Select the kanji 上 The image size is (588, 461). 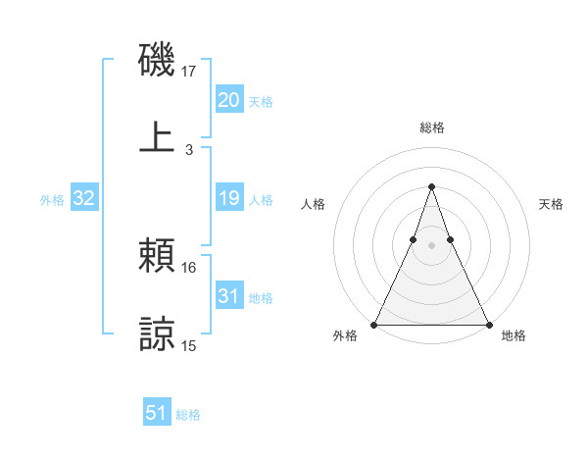tap(157, 136)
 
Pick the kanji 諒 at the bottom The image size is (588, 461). tap(157, 333)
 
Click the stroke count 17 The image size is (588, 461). tap(189, 72)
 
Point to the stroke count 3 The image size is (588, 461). tap(189, 149)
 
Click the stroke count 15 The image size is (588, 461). tap(189, 345)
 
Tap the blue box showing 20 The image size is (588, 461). tap(228, 100)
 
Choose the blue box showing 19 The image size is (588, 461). tap(228, 198)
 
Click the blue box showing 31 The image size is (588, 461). tap(228, 296)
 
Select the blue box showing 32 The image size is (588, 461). tap(84, 198)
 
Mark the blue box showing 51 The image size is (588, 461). tap(157, 413)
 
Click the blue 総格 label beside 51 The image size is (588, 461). tap(188, 415)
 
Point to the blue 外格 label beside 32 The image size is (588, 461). tap(52, 200)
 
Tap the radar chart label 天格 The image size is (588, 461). tap(551, 204)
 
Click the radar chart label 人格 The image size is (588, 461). tap(313, 204)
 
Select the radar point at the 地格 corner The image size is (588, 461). tap(488, 324)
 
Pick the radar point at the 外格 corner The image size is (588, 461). tap(374, 324)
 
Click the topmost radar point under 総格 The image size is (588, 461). tap(431, 186)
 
